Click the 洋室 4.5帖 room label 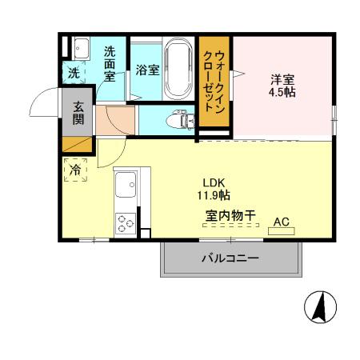(x=282, y=86)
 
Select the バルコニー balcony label (x=230, y=258)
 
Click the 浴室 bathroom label (x=147, y=70)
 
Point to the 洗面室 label (x=110, y=63)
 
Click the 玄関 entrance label (x=79, y=113)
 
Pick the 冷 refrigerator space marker (x=76, y=170)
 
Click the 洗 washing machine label (x=73, y=74)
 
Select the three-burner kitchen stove (x=126, y=222)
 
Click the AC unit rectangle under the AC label (x=282, y=230)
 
